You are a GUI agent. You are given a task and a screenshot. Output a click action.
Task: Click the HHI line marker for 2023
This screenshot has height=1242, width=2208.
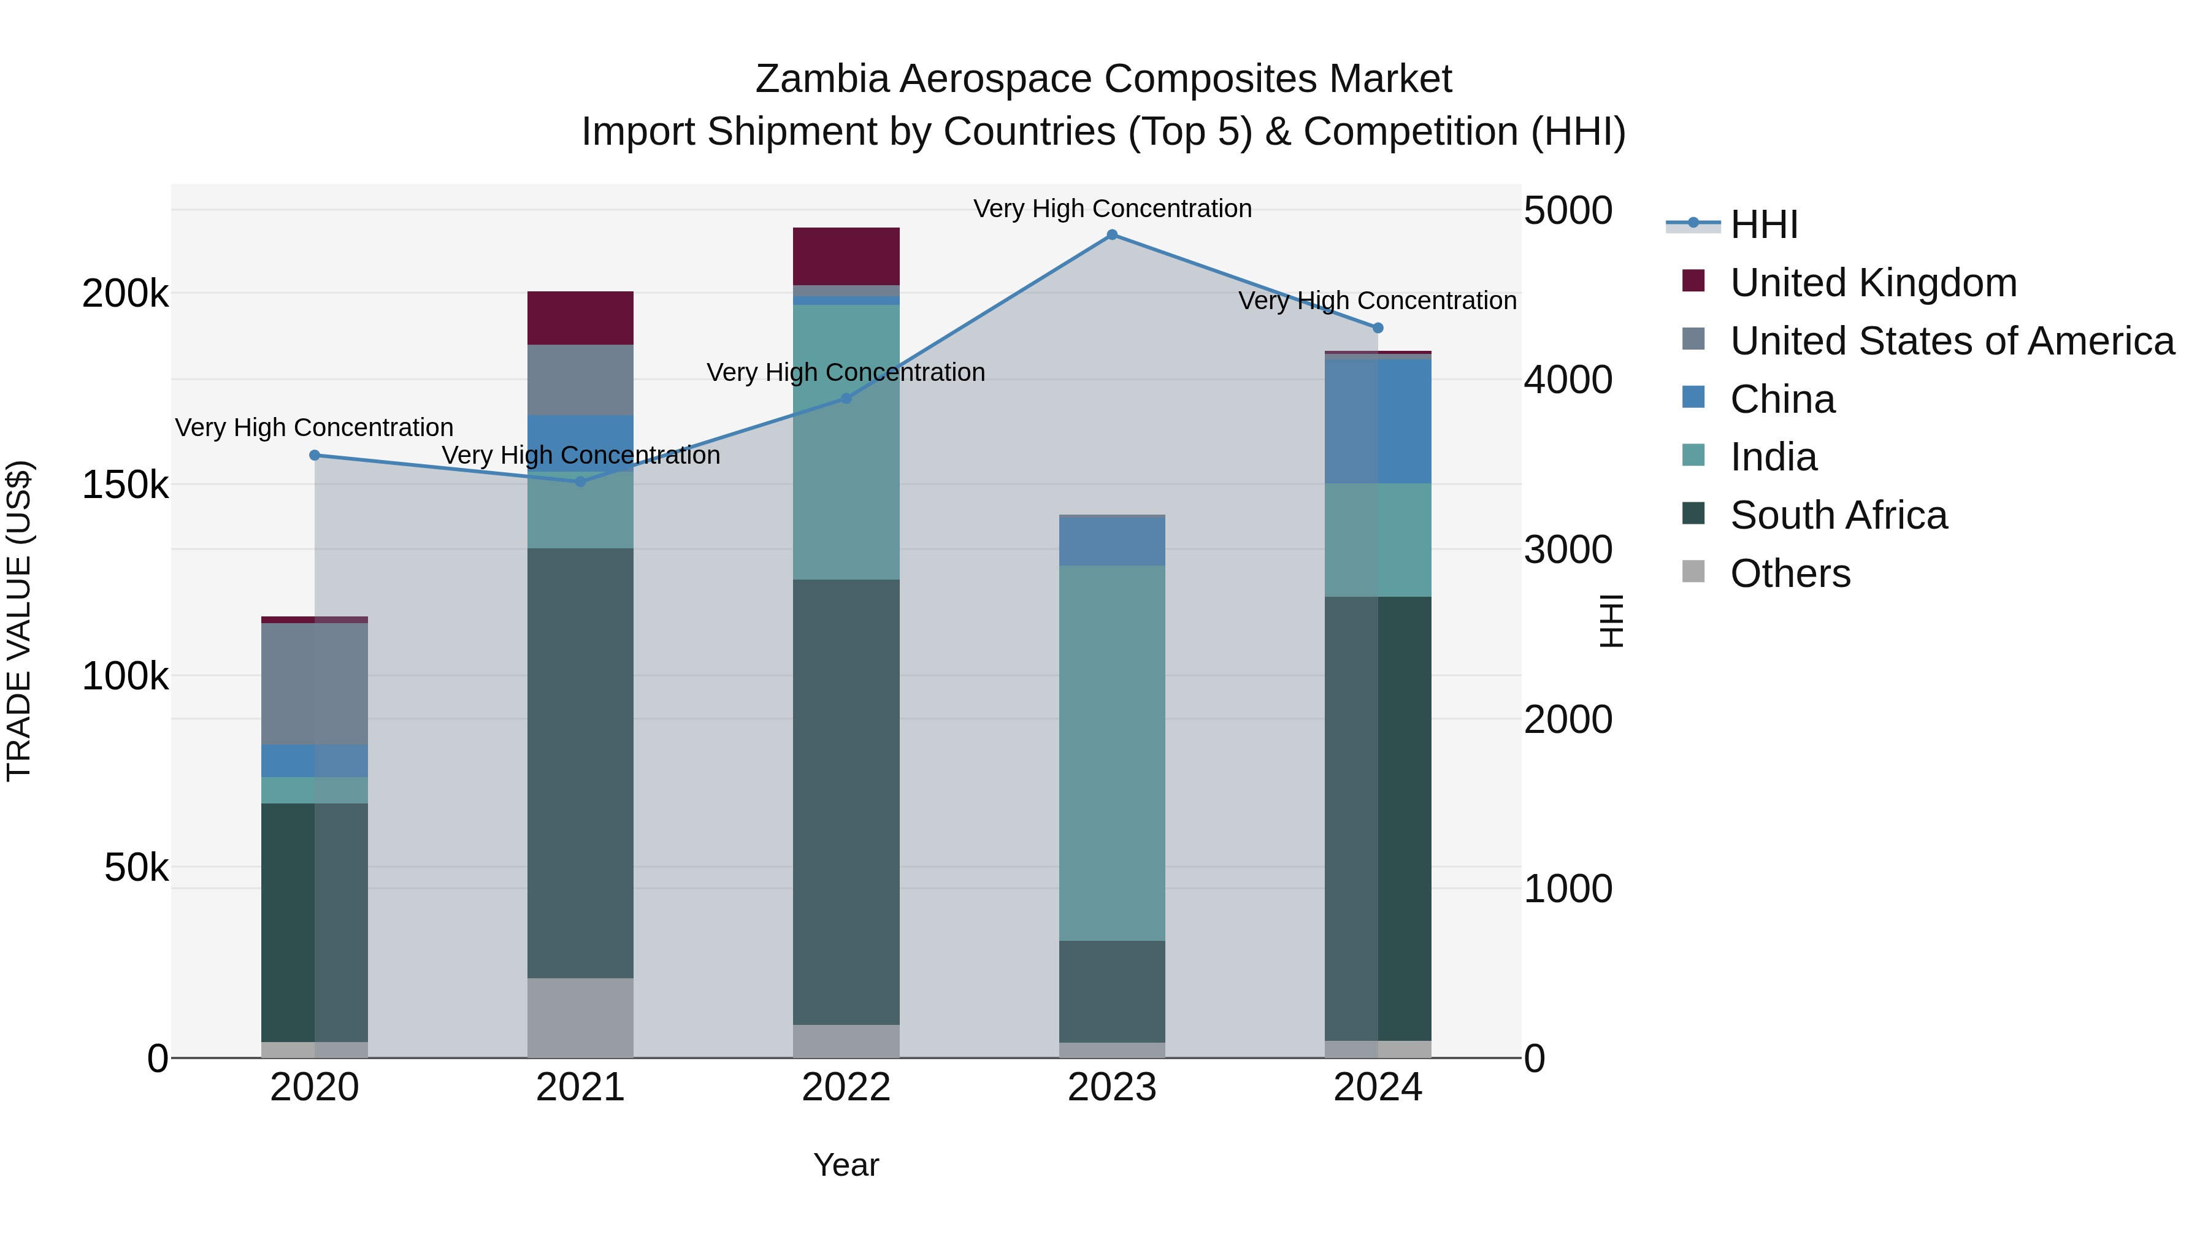coord(1112,235)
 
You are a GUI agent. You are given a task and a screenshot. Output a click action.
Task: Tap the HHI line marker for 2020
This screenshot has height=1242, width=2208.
coord(315,456)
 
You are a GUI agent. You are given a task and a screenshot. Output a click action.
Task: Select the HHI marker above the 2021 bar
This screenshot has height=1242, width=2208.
coord(580,481)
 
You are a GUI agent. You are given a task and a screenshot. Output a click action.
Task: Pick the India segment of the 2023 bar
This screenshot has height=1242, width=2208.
coord(1112,753)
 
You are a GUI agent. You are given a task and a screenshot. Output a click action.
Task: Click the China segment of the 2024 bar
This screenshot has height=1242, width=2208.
coord(1378,420)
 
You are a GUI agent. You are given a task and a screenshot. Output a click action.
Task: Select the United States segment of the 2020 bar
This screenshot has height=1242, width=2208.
coord(315,684)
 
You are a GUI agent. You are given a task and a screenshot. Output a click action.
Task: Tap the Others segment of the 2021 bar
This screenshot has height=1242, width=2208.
coord(580,1018)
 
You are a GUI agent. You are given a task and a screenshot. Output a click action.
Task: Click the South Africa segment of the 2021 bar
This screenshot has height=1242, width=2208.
coord(580,763)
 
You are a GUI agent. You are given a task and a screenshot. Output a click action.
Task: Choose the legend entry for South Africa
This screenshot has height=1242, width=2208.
coord(1839,515)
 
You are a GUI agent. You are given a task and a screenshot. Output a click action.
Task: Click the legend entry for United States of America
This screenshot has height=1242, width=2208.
coord(1952,341)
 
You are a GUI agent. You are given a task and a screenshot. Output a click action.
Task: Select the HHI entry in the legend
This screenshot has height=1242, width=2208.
coord(1763,224)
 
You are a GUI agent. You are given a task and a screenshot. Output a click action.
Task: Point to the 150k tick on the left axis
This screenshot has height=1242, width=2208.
coord(125,485)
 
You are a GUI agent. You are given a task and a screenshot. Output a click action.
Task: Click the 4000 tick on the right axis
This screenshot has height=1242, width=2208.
coord(1568,380)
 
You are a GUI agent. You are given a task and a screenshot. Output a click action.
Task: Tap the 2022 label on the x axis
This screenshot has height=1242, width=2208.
coord(846,1087)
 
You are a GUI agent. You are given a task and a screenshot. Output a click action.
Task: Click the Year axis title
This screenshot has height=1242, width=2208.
coord(846,1165)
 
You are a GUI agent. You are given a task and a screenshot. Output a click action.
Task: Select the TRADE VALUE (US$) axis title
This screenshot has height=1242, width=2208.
coord(19,621)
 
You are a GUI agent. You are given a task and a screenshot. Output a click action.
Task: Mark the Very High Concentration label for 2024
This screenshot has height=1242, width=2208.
coord(1378,301)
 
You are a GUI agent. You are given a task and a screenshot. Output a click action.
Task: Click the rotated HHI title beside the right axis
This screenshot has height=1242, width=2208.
coord(1611,621)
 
